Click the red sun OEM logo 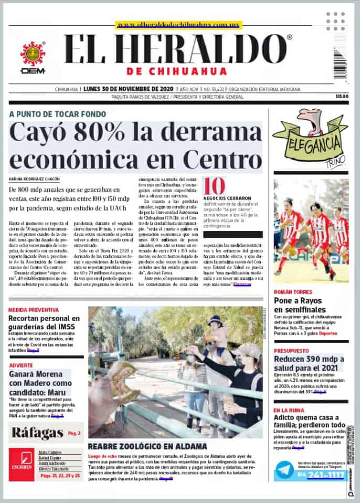33,55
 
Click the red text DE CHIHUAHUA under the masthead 177,71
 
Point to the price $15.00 342,97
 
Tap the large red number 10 214,187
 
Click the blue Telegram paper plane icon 284,469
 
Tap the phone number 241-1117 325,475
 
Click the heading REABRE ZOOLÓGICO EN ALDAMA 147,446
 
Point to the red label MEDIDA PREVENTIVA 34,310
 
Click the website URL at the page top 175,25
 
